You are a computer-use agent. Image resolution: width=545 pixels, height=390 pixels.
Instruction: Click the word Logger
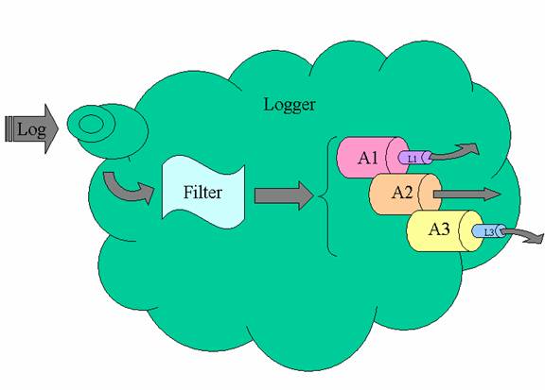coord(290,105)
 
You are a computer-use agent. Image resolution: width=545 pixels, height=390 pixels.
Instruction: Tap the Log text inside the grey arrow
coord(31,130)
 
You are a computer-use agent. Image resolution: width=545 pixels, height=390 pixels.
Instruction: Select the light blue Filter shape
coord(203,192)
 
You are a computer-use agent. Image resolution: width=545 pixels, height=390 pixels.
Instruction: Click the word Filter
coord(202,193)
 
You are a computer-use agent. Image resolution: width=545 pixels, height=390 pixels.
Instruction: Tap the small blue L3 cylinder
coord(489,231)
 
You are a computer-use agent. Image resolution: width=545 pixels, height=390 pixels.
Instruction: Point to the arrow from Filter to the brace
coord(284,196)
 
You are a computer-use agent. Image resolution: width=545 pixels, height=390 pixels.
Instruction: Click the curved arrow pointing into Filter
coord(127,190)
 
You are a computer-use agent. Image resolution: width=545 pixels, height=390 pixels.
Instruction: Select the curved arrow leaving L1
coord(454,153)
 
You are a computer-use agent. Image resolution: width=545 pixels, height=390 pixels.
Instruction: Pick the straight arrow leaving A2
coord(466,195)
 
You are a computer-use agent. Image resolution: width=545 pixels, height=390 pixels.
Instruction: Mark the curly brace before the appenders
coord(327,196)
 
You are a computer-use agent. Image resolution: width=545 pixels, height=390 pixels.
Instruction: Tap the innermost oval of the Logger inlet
coord(91,125)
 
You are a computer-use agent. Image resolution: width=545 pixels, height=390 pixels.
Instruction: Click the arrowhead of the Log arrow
coord(51,128)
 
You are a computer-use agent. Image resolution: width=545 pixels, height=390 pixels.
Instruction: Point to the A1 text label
coord(368,158)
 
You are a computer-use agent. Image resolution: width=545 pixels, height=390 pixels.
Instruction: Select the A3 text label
coord(439,229)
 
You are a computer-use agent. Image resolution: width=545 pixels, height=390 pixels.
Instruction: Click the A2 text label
coord(402,193)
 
